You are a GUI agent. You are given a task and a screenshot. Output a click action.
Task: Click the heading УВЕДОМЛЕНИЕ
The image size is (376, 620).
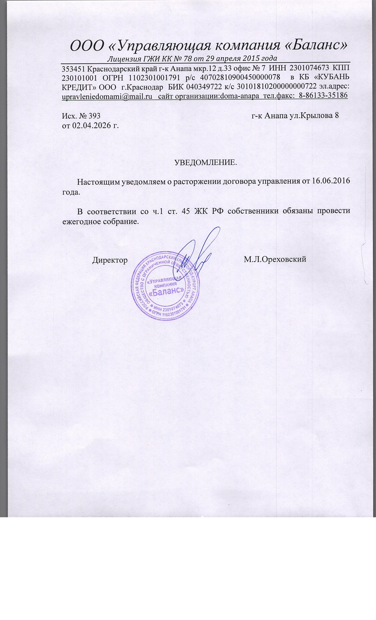(206, 162)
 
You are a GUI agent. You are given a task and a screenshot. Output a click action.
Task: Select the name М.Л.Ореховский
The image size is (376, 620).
(275, 260)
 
